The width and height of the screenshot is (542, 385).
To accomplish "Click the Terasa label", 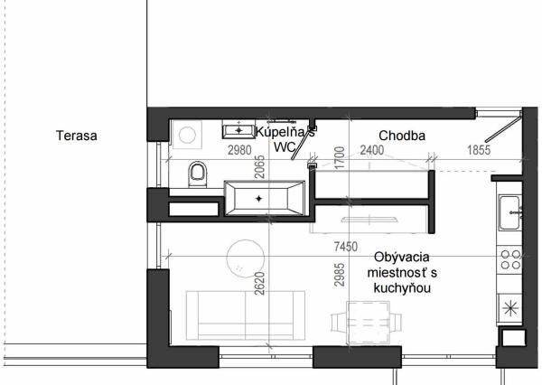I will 76,136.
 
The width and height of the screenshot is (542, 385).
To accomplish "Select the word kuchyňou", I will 398,288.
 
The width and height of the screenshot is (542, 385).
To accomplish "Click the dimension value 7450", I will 348,246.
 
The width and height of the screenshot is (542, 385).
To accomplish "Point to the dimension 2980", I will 239,150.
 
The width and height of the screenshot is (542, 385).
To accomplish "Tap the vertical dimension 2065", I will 258,164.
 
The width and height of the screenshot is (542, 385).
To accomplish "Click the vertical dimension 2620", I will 258,285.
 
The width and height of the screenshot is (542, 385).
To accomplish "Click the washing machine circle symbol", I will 188,135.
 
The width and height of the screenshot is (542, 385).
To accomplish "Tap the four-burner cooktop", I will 511,260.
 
